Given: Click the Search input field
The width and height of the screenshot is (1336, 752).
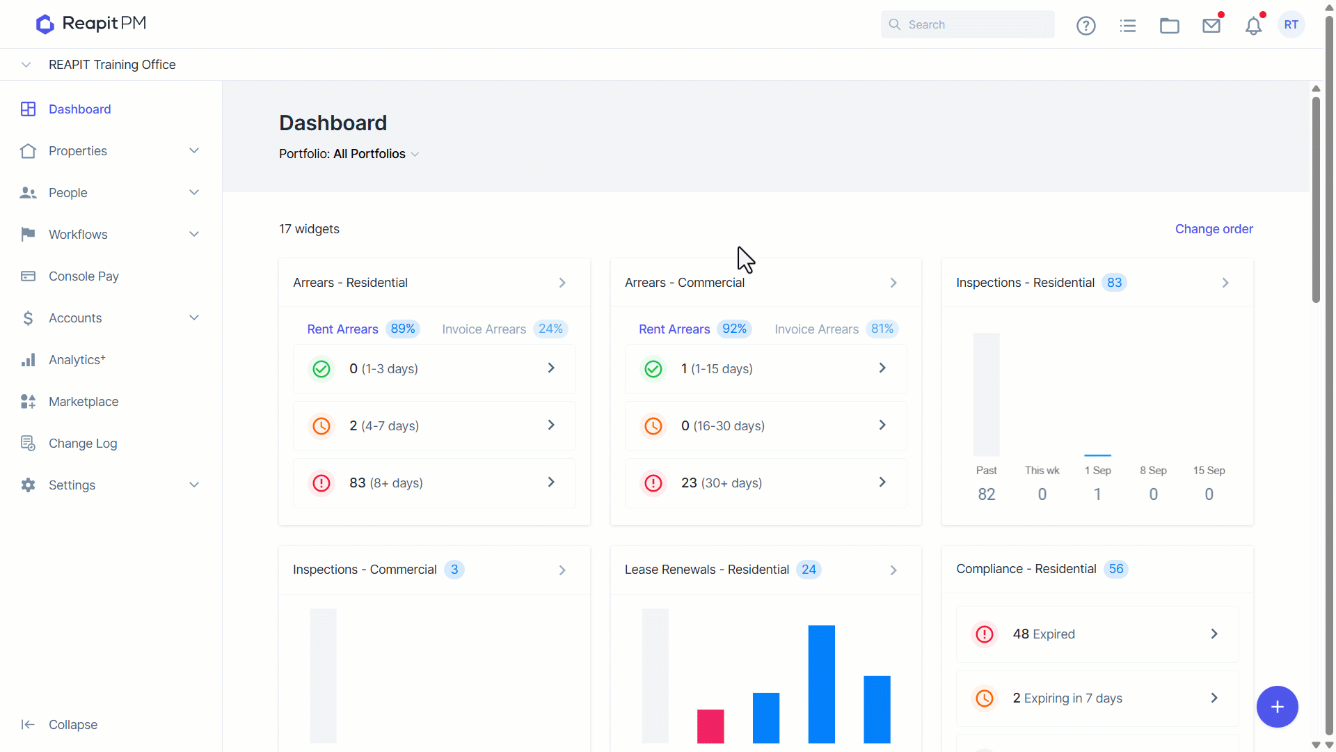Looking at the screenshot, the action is [967, 24].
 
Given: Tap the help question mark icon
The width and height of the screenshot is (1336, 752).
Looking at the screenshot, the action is [1086, 26].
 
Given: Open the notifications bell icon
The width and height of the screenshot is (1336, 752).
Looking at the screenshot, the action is [1253, 26].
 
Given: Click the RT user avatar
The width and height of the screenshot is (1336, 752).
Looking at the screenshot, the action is [1291, 24].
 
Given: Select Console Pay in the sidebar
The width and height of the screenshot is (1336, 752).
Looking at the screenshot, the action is [83, 276].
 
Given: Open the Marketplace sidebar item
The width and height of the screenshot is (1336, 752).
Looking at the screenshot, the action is [83, 402].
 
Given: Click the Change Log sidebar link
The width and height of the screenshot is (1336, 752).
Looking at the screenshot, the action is [83, 444].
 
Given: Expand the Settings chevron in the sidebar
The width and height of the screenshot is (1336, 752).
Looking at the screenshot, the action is [194, 485].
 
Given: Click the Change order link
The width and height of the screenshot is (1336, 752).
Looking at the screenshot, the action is [1214, 229].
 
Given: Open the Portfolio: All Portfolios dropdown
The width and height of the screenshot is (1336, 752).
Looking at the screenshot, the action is [349, 154].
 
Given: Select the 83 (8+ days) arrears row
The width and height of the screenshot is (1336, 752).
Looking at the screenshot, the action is [434, 483].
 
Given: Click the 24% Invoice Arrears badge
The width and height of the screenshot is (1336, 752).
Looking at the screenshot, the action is [550, 329].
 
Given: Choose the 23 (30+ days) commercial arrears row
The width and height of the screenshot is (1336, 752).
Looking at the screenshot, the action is [765, 483].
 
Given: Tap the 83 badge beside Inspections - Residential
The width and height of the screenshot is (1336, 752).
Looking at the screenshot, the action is [1114, 283].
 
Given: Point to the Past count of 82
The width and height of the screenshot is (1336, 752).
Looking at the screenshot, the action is [987, 494].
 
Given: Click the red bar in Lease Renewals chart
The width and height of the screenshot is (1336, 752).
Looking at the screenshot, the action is [710, 726].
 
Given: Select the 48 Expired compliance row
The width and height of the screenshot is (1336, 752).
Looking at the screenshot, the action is [1097, 634].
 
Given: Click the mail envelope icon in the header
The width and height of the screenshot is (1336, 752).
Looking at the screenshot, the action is [1211, 26].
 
